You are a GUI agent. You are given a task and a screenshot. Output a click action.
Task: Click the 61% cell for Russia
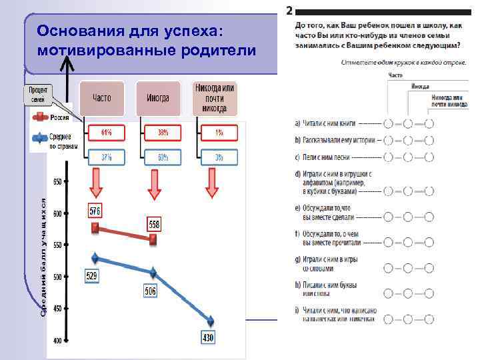106,132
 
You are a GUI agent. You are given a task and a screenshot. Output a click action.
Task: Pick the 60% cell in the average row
163,158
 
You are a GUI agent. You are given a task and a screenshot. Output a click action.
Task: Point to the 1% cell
219,132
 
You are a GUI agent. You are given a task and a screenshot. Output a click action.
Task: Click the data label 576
96,211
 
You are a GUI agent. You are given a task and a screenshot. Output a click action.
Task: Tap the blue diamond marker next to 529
95,258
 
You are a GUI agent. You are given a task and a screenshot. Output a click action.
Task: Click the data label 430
208,339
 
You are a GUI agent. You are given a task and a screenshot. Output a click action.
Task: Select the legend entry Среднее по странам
63,141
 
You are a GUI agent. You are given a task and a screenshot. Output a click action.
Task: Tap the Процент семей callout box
38,95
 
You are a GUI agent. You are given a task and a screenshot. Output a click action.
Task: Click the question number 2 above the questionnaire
289,11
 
